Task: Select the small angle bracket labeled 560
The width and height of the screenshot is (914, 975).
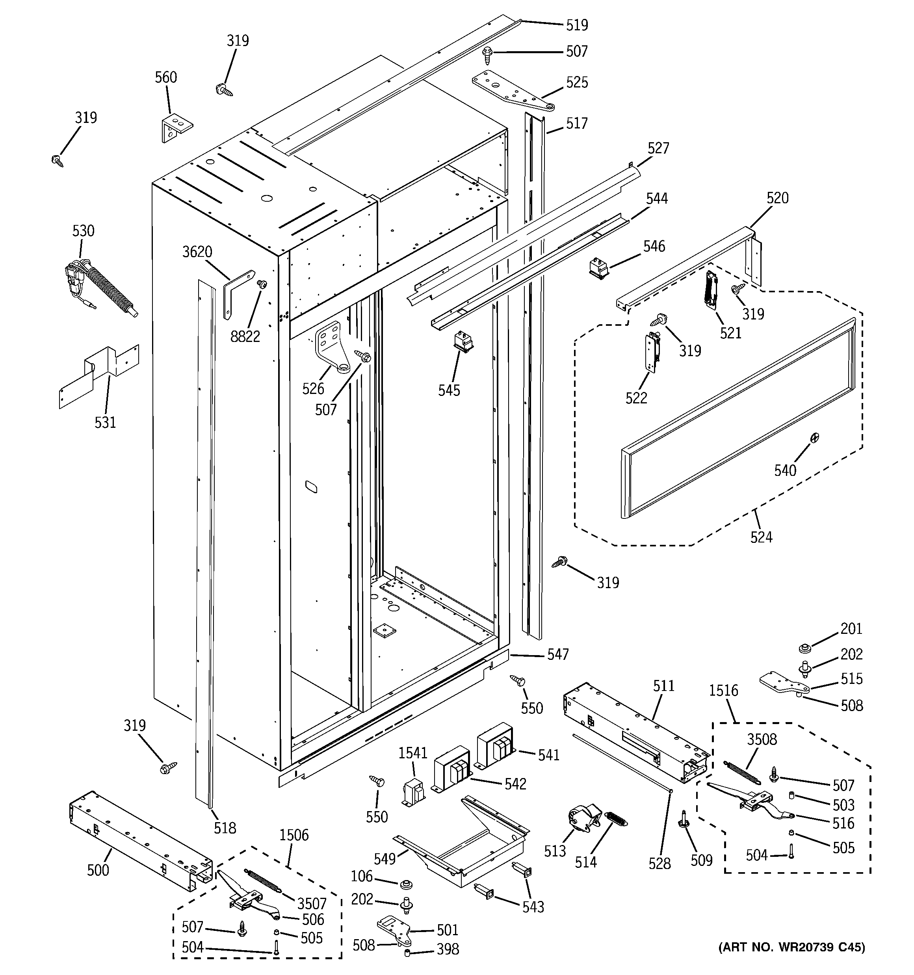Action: point(176,126)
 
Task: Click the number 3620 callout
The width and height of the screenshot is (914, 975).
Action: point(197,252)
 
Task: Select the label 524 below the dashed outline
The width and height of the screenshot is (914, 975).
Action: point(761,537)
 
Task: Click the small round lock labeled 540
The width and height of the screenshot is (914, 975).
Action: point(814,438)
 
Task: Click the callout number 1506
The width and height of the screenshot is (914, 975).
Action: point(294,835)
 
